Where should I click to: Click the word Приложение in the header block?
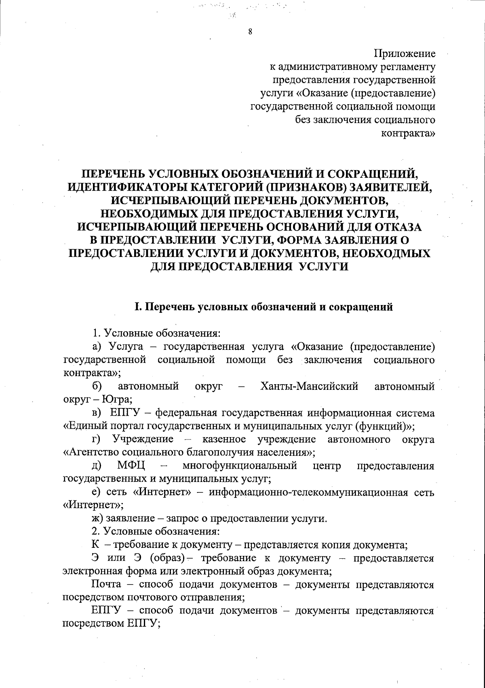405,53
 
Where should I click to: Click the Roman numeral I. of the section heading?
138,307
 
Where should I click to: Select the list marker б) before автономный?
97,387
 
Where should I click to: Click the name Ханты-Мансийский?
310,387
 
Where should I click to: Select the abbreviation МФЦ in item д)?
131,466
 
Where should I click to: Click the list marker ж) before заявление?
97,519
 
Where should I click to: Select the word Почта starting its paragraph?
106,585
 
